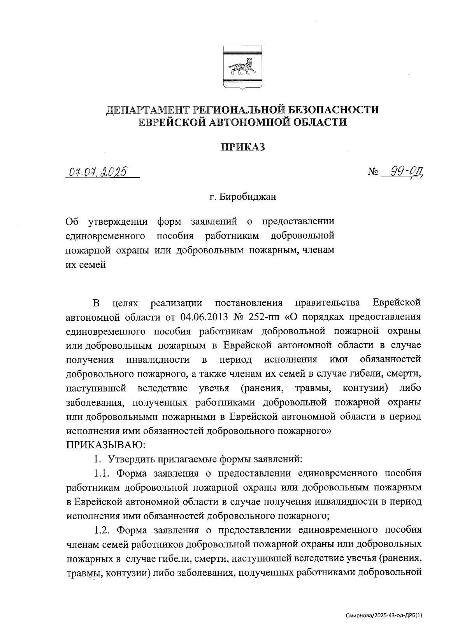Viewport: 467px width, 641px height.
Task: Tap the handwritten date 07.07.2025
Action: coord(98,171)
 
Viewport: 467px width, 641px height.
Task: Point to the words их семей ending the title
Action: coord(86,265)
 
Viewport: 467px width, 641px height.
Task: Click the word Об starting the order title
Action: coord(72,222)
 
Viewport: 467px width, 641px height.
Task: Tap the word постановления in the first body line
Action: coord(248,302)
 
